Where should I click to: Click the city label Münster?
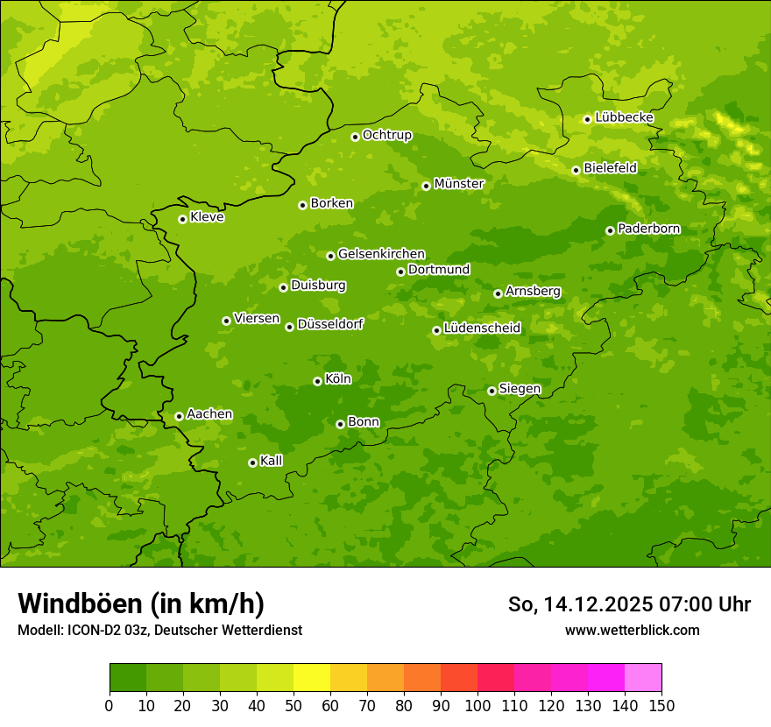459,184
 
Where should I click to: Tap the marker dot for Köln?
317,381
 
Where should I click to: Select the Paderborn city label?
649,229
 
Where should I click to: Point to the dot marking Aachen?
179,416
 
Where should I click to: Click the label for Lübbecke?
624,117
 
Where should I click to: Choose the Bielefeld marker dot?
576,170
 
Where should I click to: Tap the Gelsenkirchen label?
381,254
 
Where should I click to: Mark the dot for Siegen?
492,391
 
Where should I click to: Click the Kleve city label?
208,217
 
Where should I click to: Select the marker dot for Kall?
252,462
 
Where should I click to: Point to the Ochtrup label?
387,135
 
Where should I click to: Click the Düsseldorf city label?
330,324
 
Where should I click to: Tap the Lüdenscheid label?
483,328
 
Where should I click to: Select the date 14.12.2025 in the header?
597,604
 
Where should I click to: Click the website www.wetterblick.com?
632,630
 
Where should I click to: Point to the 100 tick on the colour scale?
477,705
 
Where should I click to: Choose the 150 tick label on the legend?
661,705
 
